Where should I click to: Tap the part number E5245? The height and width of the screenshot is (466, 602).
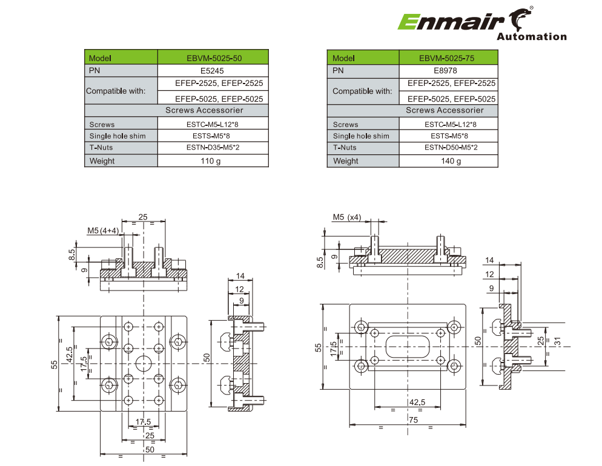click(212, 70)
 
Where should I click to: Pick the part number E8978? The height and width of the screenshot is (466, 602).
click(448, 70)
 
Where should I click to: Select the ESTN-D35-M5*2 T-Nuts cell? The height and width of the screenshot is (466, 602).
click(212, 147)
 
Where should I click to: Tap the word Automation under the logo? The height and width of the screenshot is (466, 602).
click(531, 37)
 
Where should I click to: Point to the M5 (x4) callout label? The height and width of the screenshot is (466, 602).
click(346, 217)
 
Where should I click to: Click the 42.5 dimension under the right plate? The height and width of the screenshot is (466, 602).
click(417, 402)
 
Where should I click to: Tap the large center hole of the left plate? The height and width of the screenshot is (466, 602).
click(144, 363)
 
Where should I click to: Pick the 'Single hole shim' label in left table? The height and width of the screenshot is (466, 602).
click(117, 136)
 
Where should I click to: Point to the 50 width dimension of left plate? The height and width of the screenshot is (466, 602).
click(150, 449)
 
